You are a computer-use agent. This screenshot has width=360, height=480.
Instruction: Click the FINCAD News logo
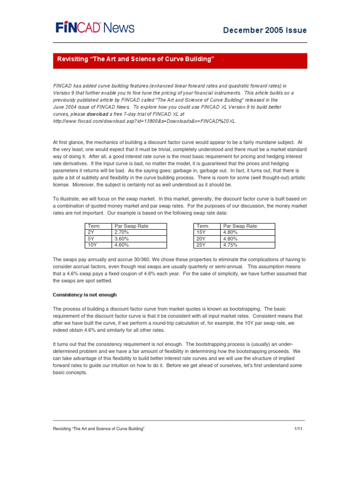pos(95,28)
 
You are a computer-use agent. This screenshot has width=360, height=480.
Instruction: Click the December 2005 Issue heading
pos(271,30)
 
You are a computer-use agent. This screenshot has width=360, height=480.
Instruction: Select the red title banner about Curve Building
pos(180,60)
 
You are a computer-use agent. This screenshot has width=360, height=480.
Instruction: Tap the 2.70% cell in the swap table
pos(139,232)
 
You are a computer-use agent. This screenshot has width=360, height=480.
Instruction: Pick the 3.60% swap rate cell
pos(139,239)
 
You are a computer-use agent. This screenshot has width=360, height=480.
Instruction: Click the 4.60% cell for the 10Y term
pos(139,245)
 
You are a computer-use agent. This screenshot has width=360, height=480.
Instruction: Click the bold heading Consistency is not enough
pos(85,294)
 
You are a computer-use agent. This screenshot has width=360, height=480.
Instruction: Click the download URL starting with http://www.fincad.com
pos(144,121)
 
